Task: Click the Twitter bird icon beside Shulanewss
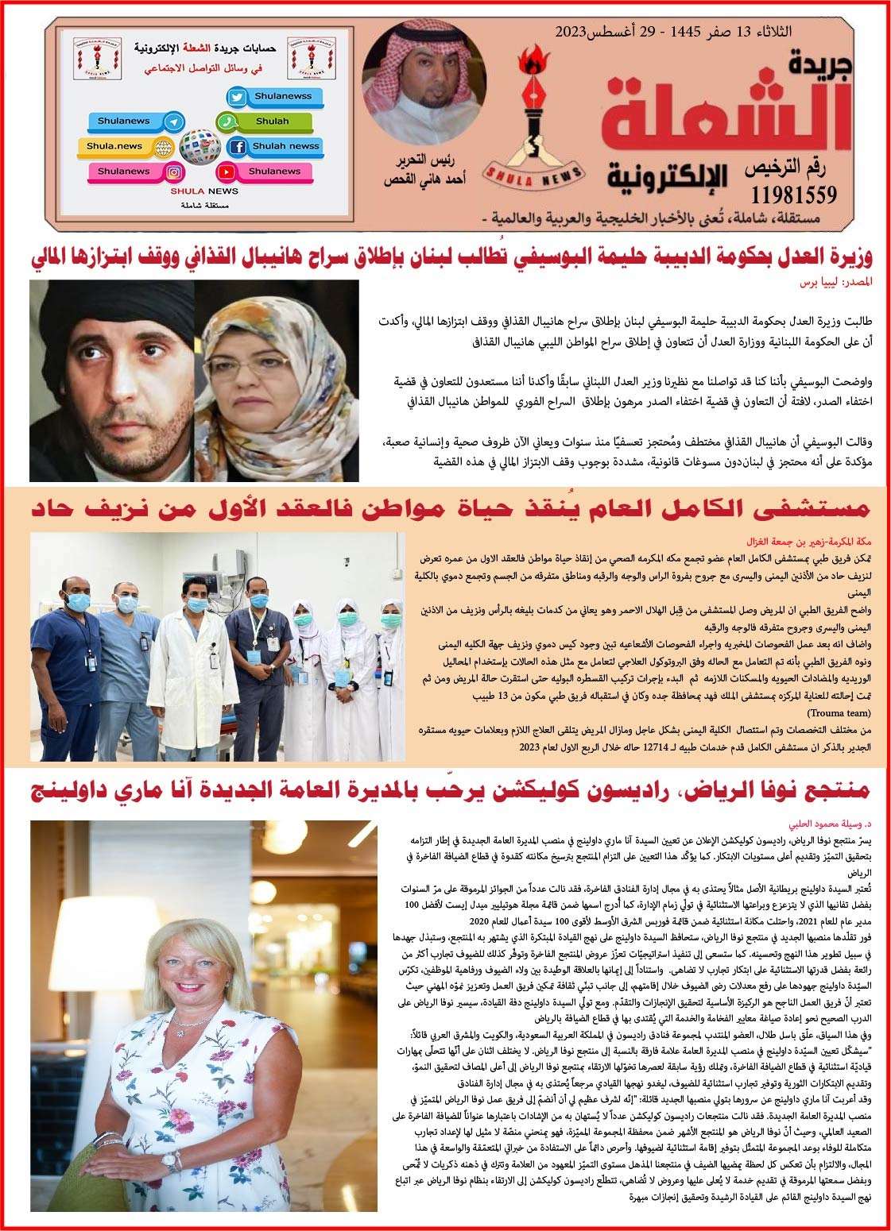coord(237,97)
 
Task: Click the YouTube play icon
coord(227,172)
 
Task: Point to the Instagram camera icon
coord(174,172)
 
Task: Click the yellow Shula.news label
coord(115,146)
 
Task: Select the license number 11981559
coord(792,194)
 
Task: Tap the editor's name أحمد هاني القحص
coord(424,179)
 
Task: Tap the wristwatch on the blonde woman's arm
coord(171,1160)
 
